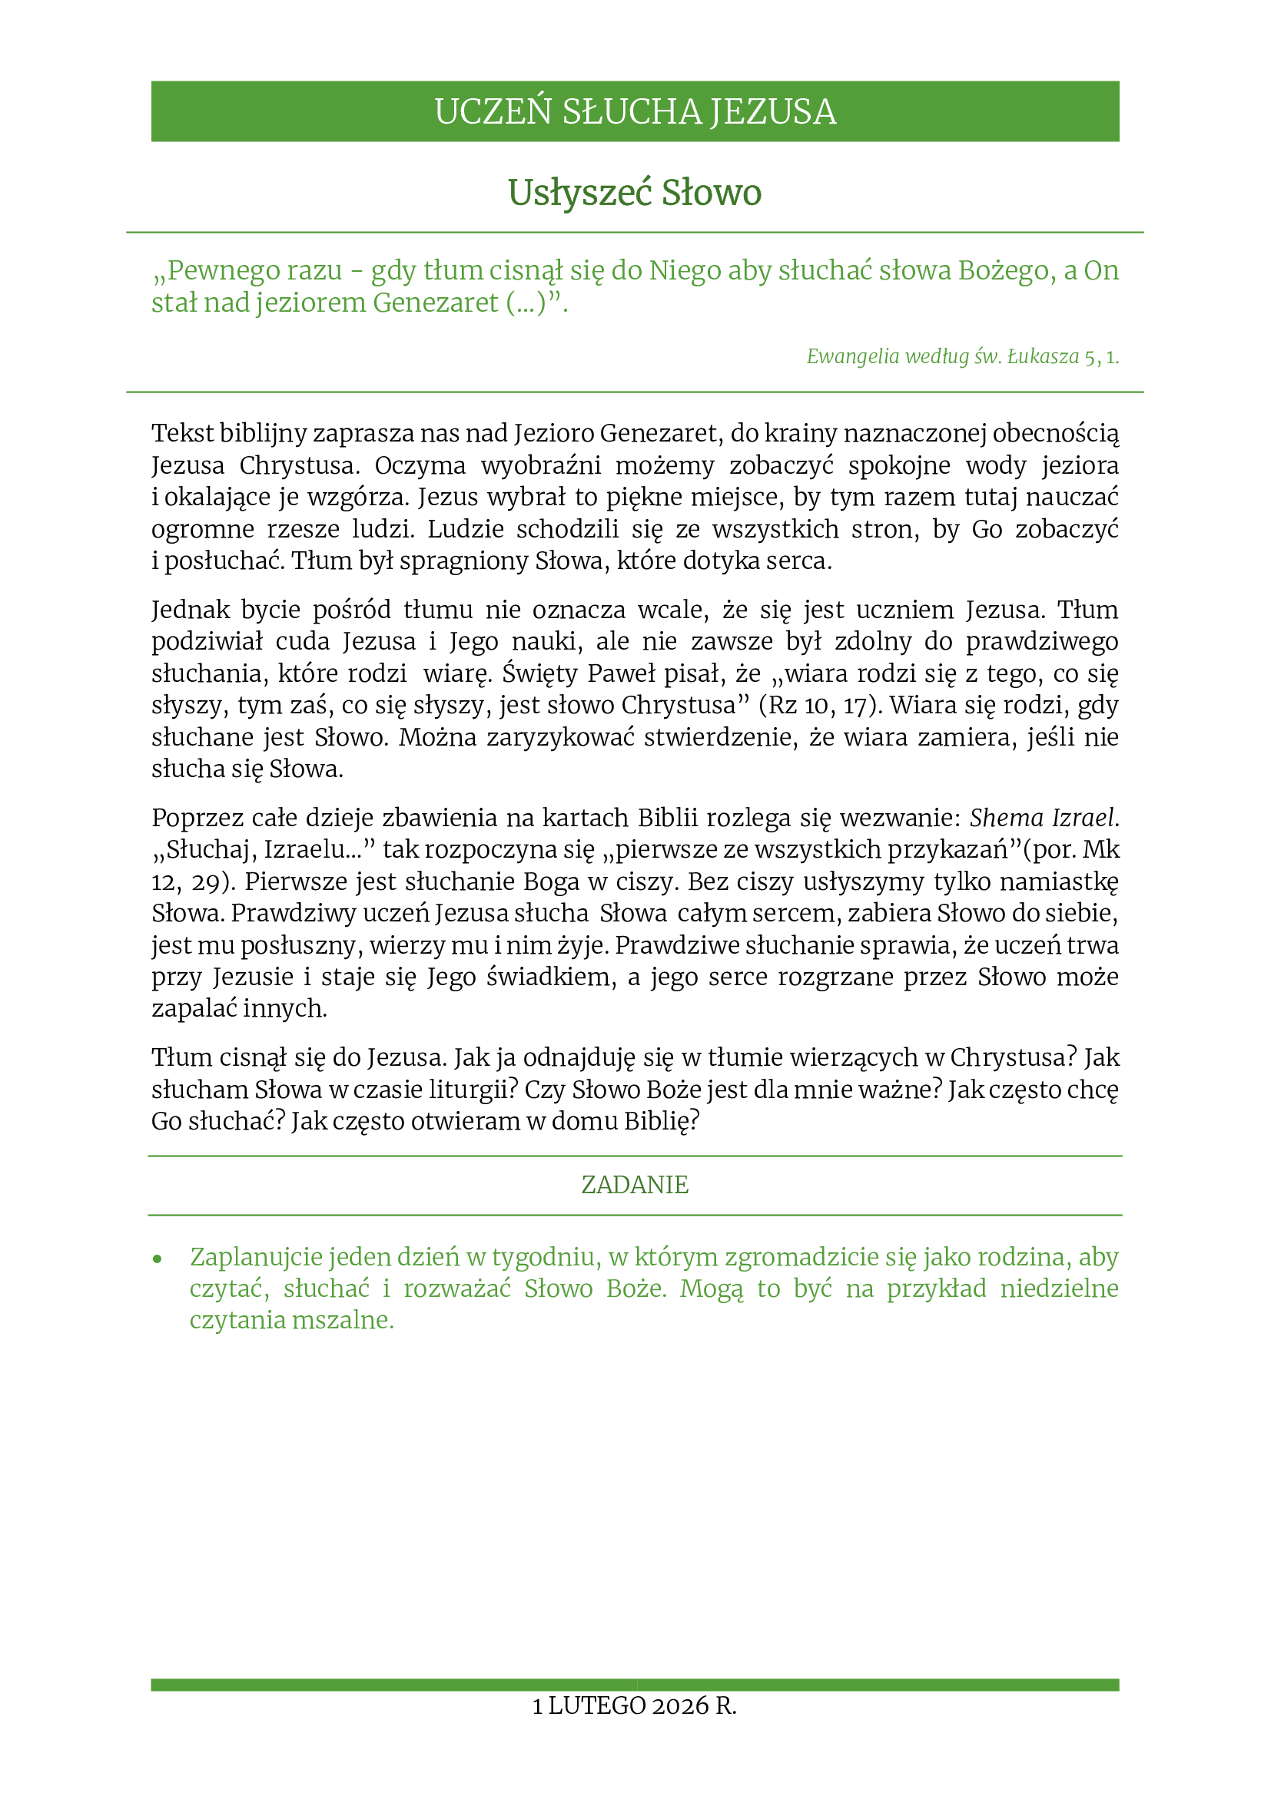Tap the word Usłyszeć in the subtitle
[x=579, y=193]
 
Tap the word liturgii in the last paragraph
[x=480, y=1090]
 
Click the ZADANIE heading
[x=635, y=1185]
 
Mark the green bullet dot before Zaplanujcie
[x=158, y=1259]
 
